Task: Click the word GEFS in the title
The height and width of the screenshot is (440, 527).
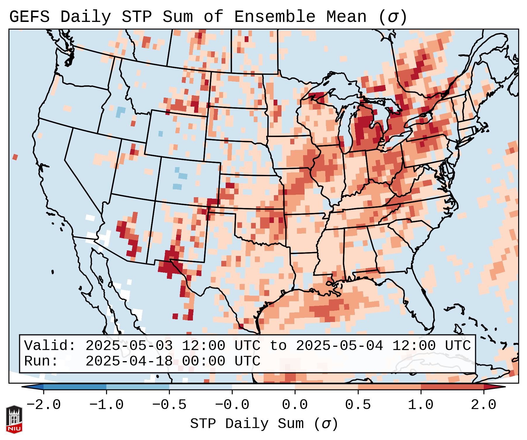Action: (x=30, y=17)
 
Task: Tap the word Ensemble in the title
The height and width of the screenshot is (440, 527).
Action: (x=275, y=17)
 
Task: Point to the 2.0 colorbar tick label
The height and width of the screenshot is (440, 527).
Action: (x=483, y=405)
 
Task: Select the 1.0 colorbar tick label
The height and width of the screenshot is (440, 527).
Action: (x=421, y=405)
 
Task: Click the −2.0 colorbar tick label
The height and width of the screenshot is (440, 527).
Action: (x=44, y=405)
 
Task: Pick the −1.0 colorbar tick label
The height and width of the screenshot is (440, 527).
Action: (x=106, y=405)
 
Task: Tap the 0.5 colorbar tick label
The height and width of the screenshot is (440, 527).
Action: (x=358, y=405)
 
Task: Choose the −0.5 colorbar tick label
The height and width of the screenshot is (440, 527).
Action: (x=169, y=405)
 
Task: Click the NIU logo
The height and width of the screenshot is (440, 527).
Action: (x=14, y=419)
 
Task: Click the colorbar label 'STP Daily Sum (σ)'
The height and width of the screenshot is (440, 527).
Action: (x=264, y=424)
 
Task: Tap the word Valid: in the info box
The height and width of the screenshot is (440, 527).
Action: (x=50, y=346)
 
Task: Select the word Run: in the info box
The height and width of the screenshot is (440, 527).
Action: (x=41, y=361)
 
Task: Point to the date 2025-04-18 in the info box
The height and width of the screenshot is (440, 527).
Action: (x=129, y=361)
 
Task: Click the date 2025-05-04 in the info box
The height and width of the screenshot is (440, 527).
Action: (x=339, y=346)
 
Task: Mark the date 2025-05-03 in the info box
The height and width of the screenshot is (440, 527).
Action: (x=129, y=346)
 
